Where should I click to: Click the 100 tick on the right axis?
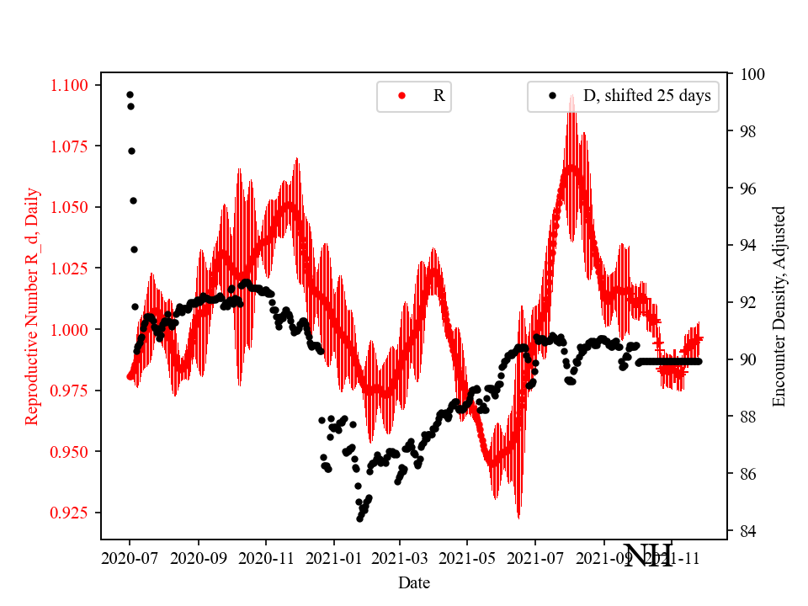749,74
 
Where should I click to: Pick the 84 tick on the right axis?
746,531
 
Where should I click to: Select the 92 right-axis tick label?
746,302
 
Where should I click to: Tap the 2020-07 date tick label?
130,557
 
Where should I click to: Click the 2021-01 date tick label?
333,557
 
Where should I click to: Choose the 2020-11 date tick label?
266,557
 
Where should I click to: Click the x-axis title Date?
413,582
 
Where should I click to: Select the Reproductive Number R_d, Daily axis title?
31,306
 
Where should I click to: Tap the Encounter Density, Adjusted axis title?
779,306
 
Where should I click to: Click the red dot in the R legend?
401,96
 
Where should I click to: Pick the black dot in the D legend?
552,96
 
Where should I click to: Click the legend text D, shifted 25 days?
646,96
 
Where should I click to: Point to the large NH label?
648,555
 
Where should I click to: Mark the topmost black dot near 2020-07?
130,94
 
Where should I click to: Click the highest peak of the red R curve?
572,95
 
